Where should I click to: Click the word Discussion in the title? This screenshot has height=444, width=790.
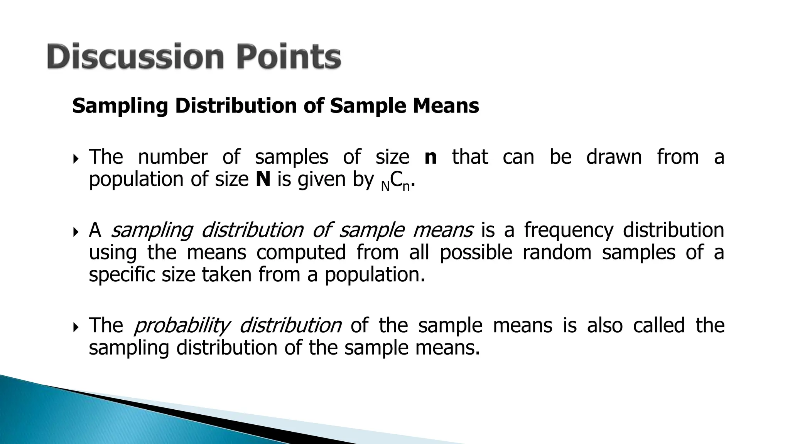pyautogui.click(x=135, y=57)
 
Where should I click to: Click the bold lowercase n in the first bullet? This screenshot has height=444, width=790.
pyautogui.click(x=430, y=157)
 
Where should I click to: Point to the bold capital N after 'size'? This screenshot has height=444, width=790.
pyautogui.click(x=263, y=180)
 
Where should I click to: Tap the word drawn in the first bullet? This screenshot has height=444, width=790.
pyautogui.click(x=614, y=157)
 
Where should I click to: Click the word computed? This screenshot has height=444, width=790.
pyautogui.click(x=301, y=253)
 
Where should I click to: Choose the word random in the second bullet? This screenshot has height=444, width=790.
pyautogui.click(x=557, y=253)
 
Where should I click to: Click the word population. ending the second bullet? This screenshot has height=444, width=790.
pyautogui.click(x=375, y=275)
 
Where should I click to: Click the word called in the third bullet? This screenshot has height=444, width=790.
pyautogui.click(x=658, y=325)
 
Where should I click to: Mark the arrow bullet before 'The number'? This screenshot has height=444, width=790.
pyautogui.click(x=75, y=158)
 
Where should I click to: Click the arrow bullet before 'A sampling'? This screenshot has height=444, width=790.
pyautogui.click(x=75, y=232)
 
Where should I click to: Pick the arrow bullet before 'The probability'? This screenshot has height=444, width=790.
pyautogui.click(x=75, y=327)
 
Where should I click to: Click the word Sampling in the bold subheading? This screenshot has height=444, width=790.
pyautogui.click(x=120, y=106)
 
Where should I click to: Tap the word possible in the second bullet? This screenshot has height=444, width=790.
pyautogui.click(x=476, y=253)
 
